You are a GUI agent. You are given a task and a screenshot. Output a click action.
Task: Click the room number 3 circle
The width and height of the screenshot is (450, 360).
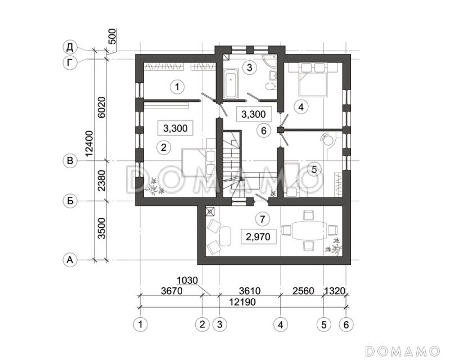click(x=249, y=67)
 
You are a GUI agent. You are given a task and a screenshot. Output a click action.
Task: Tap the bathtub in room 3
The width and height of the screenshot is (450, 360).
click(x=231, y=84)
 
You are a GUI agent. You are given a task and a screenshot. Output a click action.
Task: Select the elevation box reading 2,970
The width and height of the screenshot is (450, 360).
click(x=258, y=237)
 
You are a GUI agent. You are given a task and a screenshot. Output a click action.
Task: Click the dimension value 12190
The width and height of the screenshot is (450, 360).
click(x=243, y=302)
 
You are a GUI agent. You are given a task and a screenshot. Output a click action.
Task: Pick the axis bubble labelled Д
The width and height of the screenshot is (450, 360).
click(x=70, y=48)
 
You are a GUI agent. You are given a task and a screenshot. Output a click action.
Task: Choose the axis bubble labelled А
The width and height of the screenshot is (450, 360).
click(x=70, y=260)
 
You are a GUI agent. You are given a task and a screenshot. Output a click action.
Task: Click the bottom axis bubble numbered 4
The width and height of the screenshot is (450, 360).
click(x=280, y=325)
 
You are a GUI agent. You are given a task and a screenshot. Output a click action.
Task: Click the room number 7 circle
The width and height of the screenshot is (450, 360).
click(x=263, y=219)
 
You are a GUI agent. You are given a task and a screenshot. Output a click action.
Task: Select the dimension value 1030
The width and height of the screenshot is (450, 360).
click(x=187, y=280)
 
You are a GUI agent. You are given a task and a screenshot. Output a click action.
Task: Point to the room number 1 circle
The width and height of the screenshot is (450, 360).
click(x=177, y=87)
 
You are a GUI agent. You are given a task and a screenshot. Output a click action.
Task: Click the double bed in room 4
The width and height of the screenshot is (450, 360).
click(x=313, y=80)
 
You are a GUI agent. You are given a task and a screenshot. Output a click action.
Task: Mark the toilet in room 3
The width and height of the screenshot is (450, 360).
click(x=271, y=86)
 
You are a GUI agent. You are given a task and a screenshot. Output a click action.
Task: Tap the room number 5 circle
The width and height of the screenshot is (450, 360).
click(x=314, y=169)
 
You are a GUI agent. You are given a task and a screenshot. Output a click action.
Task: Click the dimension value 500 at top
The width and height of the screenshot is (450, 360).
click(x=113, y=36)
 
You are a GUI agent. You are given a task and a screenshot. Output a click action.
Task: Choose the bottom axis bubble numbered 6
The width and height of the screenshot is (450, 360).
click(x=346, y=325)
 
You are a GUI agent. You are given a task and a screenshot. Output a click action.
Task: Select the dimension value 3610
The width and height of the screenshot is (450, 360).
click(x=250, y=291)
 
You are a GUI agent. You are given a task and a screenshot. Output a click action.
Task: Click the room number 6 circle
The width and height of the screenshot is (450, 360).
click(x=263, y=130)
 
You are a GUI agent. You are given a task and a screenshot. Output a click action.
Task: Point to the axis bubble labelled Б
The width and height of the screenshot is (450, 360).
click(x=70, y=201)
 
